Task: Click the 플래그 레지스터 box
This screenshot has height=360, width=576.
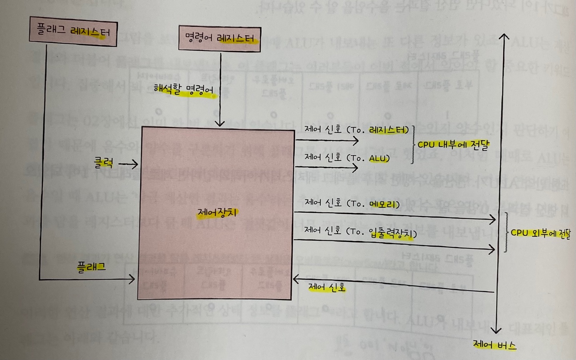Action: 73,32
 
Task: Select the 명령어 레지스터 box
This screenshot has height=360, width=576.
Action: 220,39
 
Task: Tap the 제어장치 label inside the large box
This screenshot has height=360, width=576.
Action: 217,212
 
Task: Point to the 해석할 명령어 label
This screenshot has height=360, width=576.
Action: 184,90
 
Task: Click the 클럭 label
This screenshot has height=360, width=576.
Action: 104,162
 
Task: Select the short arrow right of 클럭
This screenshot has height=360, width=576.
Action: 128,164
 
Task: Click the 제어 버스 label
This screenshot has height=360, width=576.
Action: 494,344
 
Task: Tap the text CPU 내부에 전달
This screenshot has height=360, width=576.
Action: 453,144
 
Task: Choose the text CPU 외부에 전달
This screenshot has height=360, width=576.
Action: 540,233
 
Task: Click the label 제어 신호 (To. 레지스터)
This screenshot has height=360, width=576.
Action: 357,130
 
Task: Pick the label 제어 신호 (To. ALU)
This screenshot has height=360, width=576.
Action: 347,158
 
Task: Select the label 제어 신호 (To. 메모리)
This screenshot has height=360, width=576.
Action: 352,203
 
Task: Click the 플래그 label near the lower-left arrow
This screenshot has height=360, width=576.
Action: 91,267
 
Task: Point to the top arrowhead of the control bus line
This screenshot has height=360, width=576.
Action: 504,37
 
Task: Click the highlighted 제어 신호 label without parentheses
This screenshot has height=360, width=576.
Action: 327,287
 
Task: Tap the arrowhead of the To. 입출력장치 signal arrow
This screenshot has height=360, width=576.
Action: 492,249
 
